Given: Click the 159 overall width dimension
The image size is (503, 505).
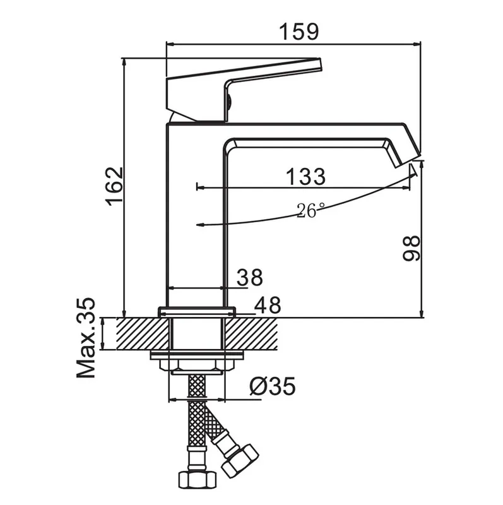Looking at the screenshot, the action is pyautogui.click(x=299, y=32).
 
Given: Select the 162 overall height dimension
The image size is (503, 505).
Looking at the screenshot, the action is pyautogui.click(x=115, y=186).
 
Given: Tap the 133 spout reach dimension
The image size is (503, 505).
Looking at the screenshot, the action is pyautogui.click(x=305, y=177).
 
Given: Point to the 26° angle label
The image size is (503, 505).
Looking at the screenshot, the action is pyautogui.click(x=310, y=210).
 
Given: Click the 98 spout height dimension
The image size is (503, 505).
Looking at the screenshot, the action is pyautogui.click(x=411, y=247).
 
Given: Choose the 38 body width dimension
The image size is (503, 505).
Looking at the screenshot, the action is pyautogui.click(x=250, y=277).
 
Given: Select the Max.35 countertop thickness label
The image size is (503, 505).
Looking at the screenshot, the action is pyautogui.click(x=86, y=338).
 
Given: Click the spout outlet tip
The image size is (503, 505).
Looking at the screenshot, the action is pyautogui.click(x=408, y=160).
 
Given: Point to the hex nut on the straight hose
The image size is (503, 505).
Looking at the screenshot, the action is pyautogui.click(x=197, y=479).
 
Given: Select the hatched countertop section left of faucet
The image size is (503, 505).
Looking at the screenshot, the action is pyautogui.click(x=143, y=334).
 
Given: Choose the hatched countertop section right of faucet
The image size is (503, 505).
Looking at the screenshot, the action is pyautogui.click(x=251, y=334).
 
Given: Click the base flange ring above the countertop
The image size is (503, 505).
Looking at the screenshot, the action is pyautogui.click(x=197, y=312).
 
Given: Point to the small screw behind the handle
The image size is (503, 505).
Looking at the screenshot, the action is pyautogui.click(x=229, y=102).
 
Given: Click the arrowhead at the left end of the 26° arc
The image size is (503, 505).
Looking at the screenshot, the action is pyautogui.click(x=200, y=225).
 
